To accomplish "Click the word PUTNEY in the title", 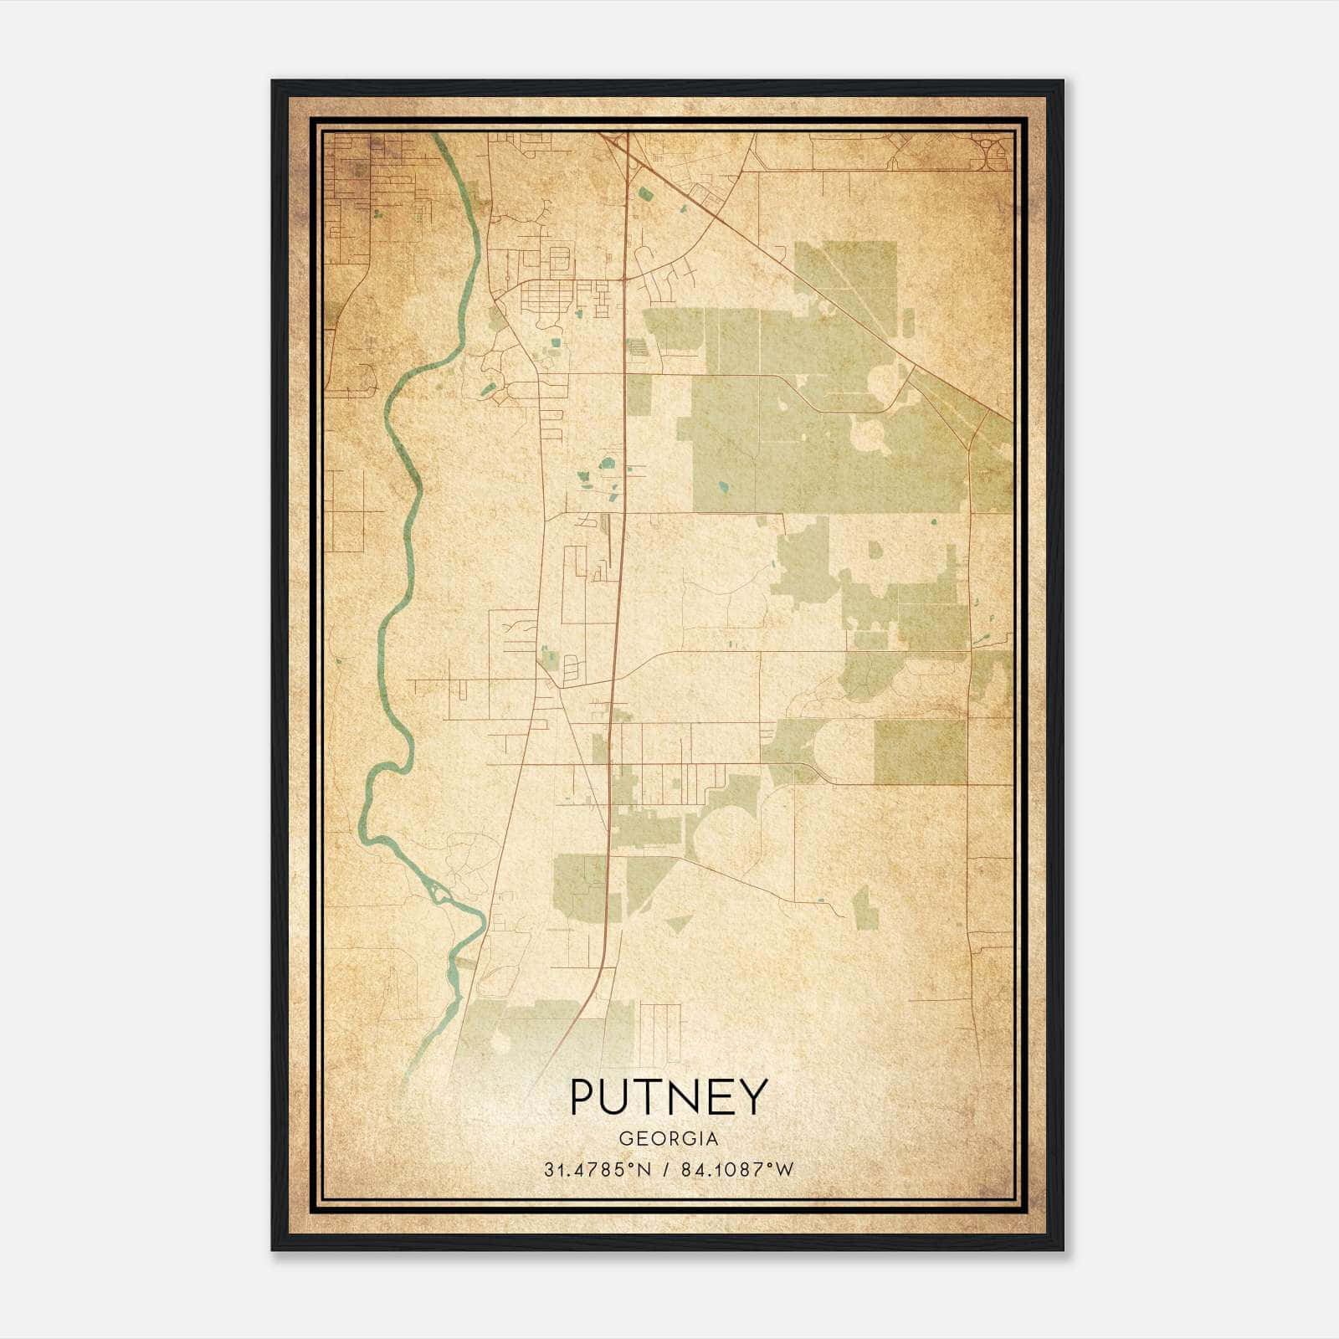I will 668,1097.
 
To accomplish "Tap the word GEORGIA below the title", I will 668,1139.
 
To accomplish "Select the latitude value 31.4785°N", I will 597,1170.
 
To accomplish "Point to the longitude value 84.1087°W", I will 734,1170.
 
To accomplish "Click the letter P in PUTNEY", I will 583,1097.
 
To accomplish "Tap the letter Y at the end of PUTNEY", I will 752,1097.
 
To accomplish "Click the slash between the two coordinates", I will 665,1170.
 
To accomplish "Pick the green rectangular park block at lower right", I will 921,751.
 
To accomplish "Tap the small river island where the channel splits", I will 439,893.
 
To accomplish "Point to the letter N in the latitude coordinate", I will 644,1170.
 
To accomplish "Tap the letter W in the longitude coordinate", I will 784,1170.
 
